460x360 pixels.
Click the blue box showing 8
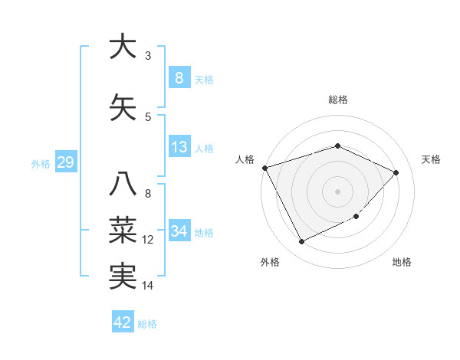pos(179,77)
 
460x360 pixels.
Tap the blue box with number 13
pos(179,147)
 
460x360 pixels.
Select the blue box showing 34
pos(179,231)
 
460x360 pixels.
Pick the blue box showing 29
pos(64,162)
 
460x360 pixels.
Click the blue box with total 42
pos(123,322)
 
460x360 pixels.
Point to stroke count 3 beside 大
pos(148,56)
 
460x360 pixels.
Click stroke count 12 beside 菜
pos(148,240)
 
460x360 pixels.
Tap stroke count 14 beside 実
pos(148,286)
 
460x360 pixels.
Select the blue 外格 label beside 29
pos(41,163)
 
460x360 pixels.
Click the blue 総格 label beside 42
pos(148,324)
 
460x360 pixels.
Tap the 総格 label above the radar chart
pos(338,100)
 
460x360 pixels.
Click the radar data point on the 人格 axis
pos(264,168)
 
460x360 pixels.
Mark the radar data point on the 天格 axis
pos(396,172)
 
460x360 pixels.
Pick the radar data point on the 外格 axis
pos(301,242)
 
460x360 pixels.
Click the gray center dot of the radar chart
pos(338,191)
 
